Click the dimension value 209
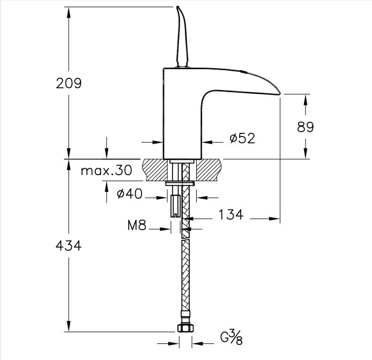point(69,84)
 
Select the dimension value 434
point(69,246)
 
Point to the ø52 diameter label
point(242,139)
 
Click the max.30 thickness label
point(106,171)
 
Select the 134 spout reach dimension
point(230,215)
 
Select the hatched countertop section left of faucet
point(154,169)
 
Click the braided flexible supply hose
point(185,268)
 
